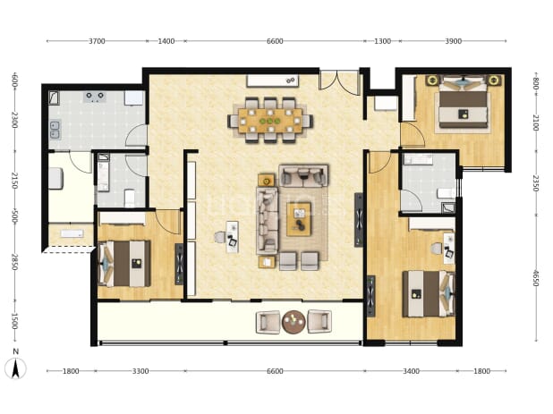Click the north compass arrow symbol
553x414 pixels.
pyautogui.click(x=15, y=368)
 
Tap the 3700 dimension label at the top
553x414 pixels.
pyautogui.click(x=97, y=41)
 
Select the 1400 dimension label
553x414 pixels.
pyautogui.click(x=166, y=41)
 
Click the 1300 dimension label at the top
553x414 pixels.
pyautogui.click(x=382, y=41)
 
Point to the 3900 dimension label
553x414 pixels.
pyautogui.click(x=453, y=41)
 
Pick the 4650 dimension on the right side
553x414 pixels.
pyautogui.click(x=536, y=278)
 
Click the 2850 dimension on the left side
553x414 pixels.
pyautogui.click(x=14, y=262)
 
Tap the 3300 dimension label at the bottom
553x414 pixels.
pyautogui.click(x=140, y=371)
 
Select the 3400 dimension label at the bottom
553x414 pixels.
pyautogui.click(x=412, y=371)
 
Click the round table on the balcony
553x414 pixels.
pyautogui.click(x=294, y=322)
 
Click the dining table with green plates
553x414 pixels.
pyautogui.click(x=270, y=121)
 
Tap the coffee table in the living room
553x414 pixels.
pyautogui.click(x=299, y=219)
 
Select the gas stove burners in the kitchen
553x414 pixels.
pyautogui.click(x=95, y=97)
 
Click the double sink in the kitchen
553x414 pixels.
pyautogui.click(x=55, y=130)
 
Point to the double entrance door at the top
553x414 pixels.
pyautogui.click(x=338, y=80)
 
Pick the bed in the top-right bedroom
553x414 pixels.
pyautogui.click(x=463, y=105)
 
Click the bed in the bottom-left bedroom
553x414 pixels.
pyautogui.click(x=124, y=263)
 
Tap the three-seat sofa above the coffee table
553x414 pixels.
pyautogui.click(x=303, y=175)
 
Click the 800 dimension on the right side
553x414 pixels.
pyautogui.click(x=536, y=85)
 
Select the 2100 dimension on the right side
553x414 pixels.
pyautogui.click(x=536, y=123)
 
